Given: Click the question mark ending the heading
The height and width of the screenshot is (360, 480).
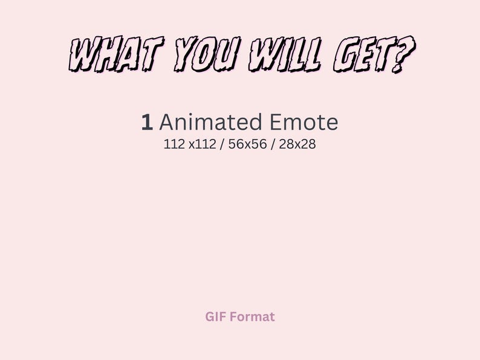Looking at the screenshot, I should [406, 54].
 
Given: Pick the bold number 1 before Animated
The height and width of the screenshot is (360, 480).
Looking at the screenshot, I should [147, 123].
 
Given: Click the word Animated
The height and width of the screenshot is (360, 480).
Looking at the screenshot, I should [203, 123].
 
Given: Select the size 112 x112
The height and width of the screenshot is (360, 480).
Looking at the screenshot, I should [190, 145].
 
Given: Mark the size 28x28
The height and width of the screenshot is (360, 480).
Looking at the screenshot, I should [297, 145].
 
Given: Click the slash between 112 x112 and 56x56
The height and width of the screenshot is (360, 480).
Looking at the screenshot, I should [221, 145].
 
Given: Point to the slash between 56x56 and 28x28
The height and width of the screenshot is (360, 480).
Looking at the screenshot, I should [272, 145].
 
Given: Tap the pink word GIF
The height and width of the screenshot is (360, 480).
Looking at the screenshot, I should [216, 317].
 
